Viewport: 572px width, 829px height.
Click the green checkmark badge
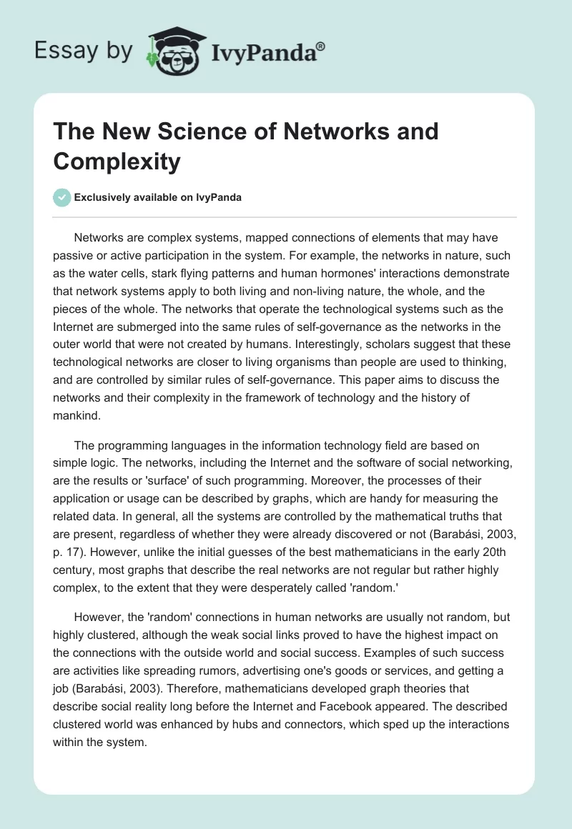point(62,197)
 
